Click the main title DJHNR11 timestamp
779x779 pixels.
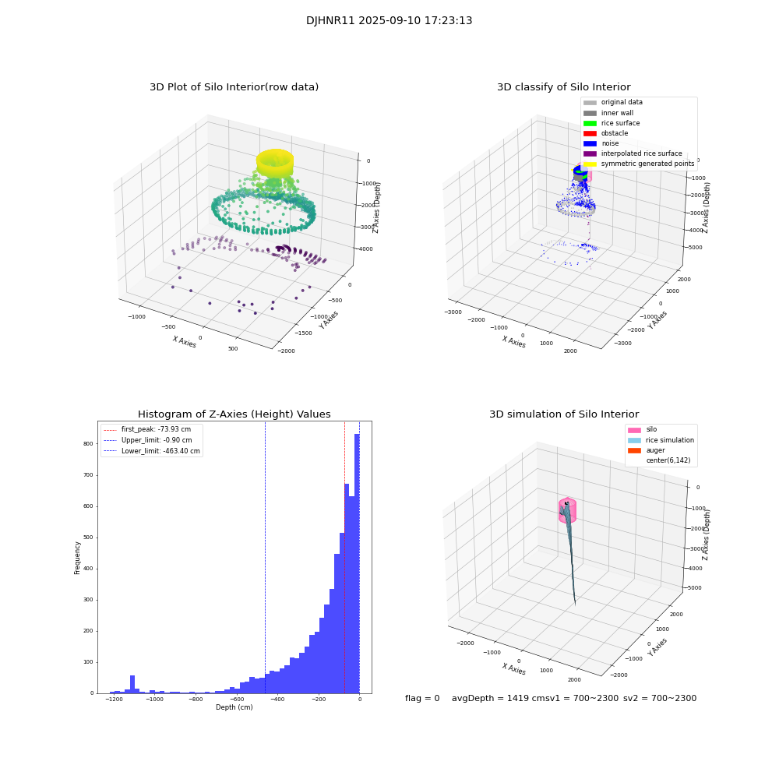click(x=389, y=21)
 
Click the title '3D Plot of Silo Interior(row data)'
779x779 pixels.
click(x=234, y=87)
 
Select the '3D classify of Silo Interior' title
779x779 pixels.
click(x=563, y=87)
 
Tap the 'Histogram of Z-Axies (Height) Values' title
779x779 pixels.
click(x=234, y=414)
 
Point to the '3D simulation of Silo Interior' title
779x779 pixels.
click(x=563, y=414)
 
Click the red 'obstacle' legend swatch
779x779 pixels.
click(x=590, y=133)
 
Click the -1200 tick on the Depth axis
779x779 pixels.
click(x=114, y=700)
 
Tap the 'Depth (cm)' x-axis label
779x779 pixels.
click(x=234, y=707)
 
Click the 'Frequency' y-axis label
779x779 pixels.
click(x=77, y=558)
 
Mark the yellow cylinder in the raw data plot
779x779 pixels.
click(x=274, y=163)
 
